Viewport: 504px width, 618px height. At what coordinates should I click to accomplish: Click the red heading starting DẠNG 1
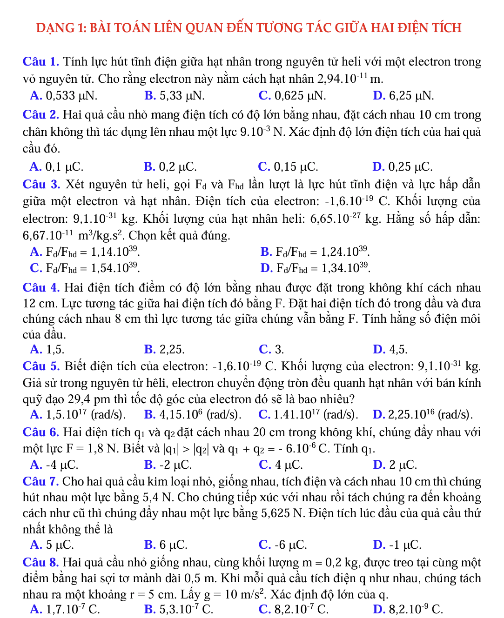tap(249, 28)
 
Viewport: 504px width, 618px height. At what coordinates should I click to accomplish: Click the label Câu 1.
tap(41, 62)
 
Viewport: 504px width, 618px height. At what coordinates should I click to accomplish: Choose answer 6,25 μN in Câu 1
tap(403, 96)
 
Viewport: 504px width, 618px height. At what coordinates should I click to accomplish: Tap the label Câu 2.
tap(41, 115)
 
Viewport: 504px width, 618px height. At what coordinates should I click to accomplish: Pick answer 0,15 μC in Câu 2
tap(288, 166)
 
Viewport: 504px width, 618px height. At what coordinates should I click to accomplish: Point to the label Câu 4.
tap(41, 288)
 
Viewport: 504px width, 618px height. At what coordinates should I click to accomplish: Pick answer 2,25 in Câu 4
tap(165, 349)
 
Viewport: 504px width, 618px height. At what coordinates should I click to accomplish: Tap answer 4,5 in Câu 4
tap(390, 349)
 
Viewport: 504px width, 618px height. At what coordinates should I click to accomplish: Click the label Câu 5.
tap(41, 366)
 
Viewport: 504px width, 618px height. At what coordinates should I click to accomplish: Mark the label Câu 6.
tap(41, 432)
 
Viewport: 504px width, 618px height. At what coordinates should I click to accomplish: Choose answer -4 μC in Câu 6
tap(54, 465)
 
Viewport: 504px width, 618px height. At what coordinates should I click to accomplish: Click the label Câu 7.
tap(40, 482)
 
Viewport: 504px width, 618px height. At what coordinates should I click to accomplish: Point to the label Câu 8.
tap(41, 563)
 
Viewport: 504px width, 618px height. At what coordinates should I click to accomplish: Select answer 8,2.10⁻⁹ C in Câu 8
tap(408, 609)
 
